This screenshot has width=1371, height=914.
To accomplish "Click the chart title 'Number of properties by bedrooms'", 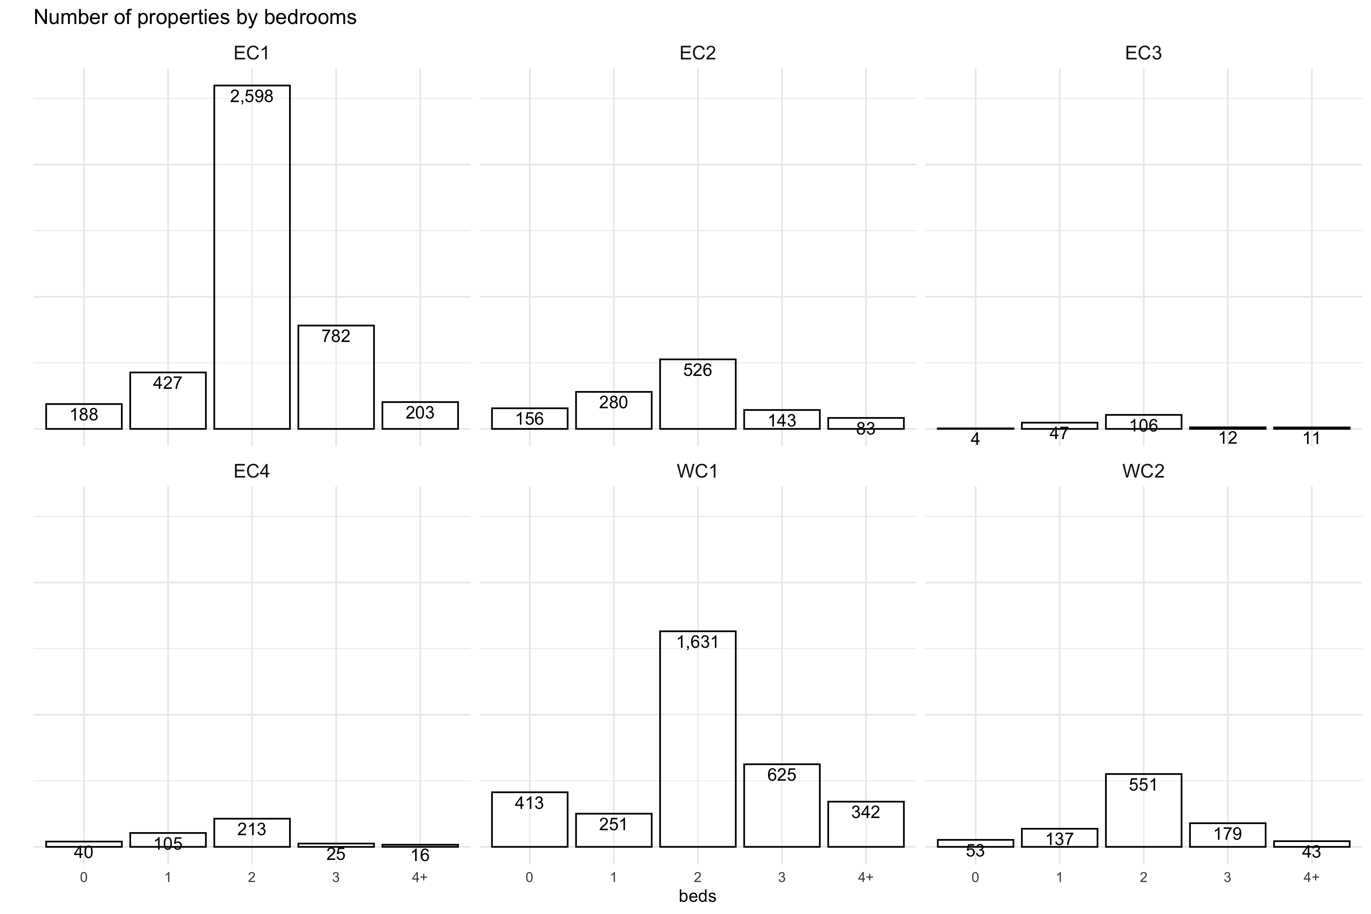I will point(195,18).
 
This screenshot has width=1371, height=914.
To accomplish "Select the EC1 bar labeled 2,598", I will point(252,256).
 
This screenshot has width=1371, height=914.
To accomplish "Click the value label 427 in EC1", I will point(168,383).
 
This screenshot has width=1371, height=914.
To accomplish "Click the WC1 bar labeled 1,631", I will point(697,740).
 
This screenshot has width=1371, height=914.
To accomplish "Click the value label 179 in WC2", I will point(1227,834).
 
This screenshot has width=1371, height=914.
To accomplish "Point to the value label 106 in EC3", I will point(1144,426).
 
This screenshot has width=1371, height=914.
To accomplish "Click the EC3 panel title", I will point(1143,53).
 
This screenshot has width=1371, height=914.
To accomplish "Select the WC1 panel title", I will point(697,471).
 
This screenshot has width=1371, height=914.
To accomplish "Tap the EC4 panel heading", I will point(252,471).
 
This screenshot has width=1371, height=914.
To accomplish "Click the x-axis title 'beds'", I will point(697,896).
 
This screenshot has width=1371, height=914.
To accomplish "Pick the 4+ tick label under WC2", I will point(1312,877).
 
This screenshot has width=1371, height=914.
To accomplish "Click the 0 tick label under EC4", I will point(84,877).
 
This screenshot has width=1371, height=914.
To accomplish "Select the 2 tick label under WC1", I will point(697,877).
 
